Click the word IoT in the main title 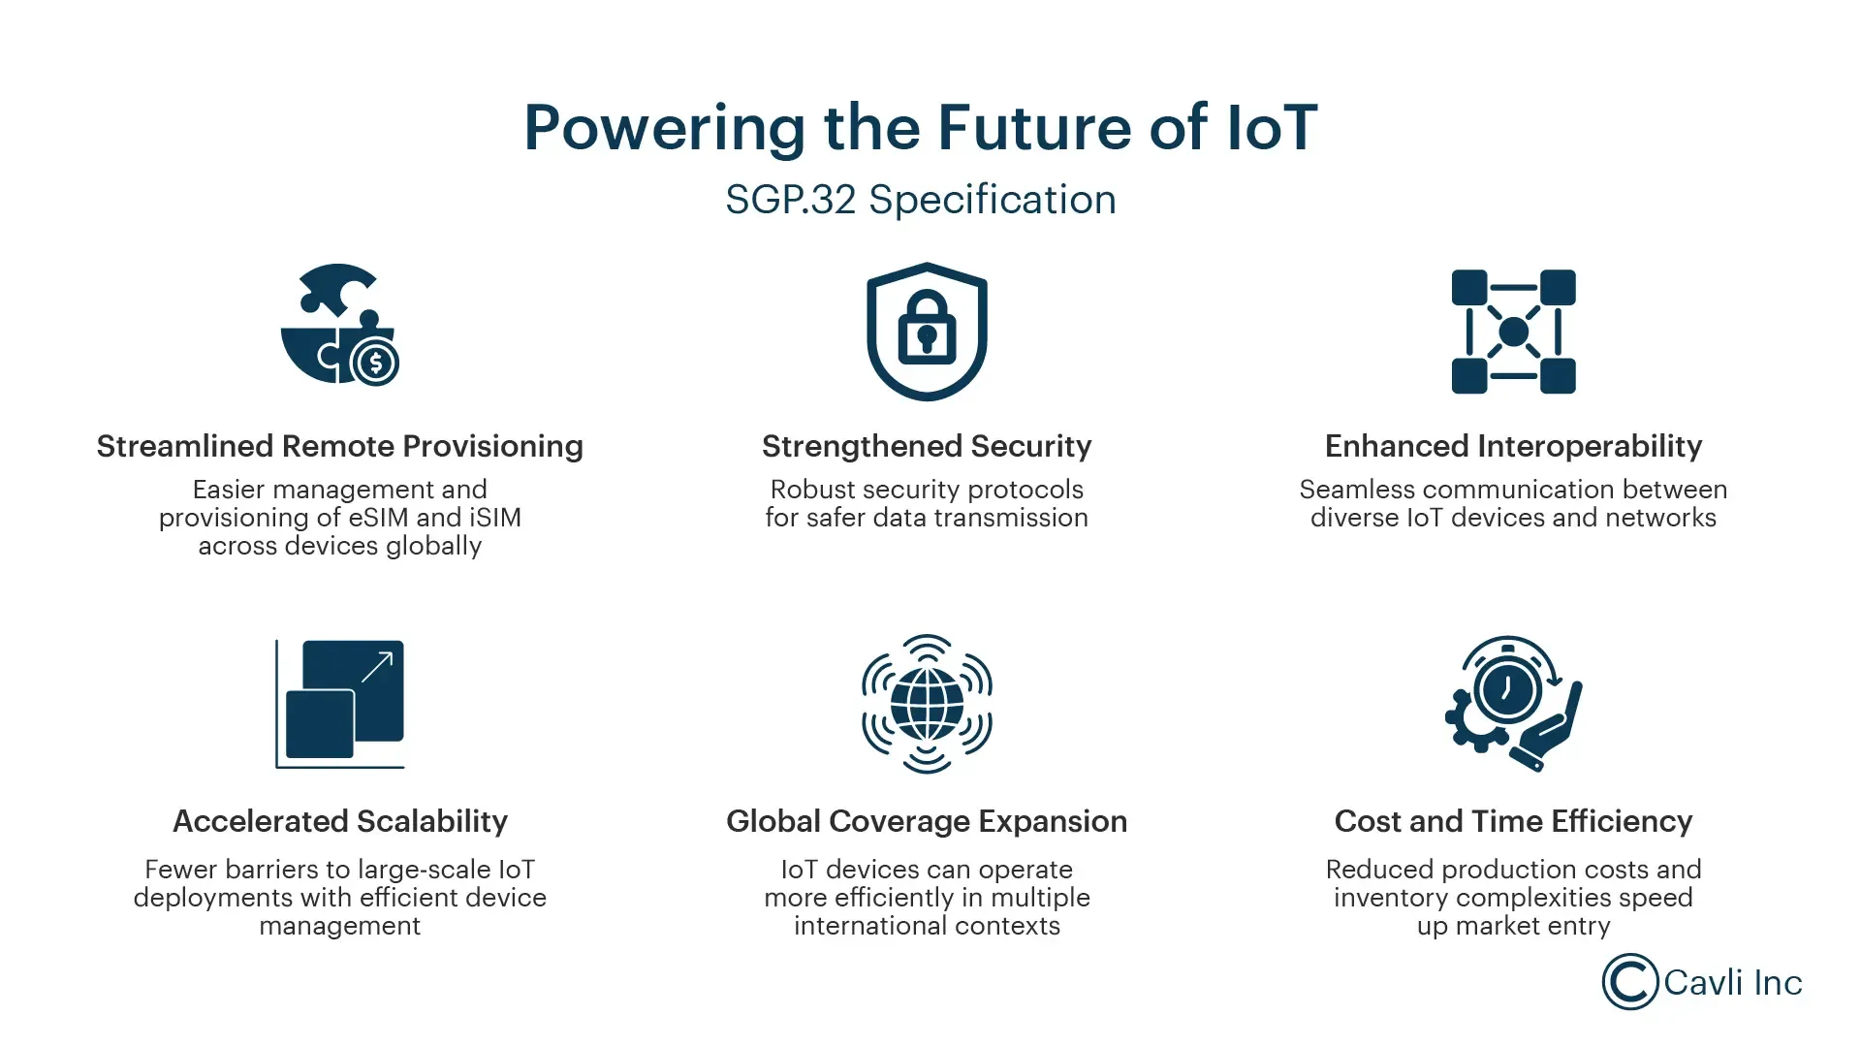[x=1272, y=127]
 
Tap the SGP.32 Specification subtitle [x=921, y=200]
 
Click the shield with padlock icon [x=927, y=332]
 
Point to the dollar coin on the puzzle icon [x=375, y=364]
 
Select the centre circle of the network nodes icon [x=1513, y=332]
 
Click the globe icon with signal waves [x=927, y=704]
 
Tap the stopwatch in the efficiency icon [x=1507, y=688]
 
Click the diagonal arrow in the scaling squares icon [x=377, y=667]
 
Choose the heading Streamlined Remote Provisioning [x=340, y=446]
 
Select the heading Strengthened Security [x=927, y=446]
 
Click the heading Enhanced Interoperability [x=1513, y=446]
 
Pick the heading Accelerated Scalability [x=340, y=821]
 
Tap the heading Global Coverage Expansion [x=927, y=821]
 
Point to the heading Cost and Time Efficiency [x=1513, y=821]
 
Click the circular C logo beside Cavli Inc [x=1629, y=982]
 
